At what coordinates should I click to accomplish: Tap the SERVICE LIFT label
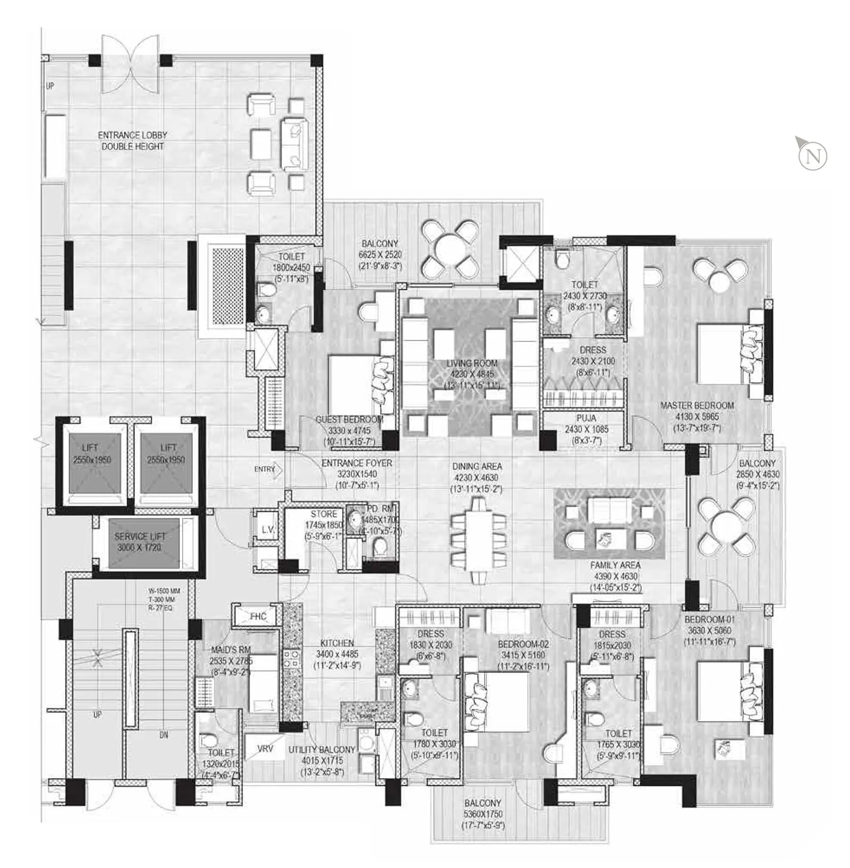(x=140, y=537)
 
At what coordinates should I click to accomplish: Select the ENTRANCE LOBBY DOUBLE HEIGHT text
(x=133, y=141)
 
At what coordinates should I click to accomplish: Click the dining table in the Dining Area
(x=478, y=540)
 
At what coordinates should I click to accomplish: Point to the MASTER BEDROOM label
(x=697, y=406)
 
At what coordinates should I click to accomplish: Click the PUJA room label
(x=586, y=418)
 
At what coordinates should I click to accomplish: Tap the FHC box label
(x=258, y=616)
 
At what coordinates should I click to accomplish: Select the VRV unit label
(x=265, y=749)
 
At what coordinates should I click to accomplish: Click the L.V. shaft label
(x=268, y=529)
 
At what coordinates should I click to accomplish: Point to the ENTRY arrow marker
(x=269, y=469)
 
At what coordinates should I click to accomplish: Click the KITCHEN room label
(x=337, y=643)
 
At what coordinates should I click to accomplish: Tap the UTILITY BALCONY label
(x=322, y=750)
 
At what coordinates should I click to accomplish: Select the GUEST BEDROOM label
(x=349, y=419)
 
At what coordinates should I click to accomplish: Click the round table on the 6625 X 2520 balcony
(x=450, y=250)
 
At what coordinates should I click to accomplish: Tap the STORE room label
(x=324, y=514)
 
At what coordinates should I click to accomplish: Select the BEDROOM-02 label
(x=523, y=644)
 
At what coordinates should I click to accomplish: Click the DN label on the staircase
(x=164, y=735)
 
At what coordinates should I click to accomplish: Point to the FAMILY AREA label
(x=615, y=565)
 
